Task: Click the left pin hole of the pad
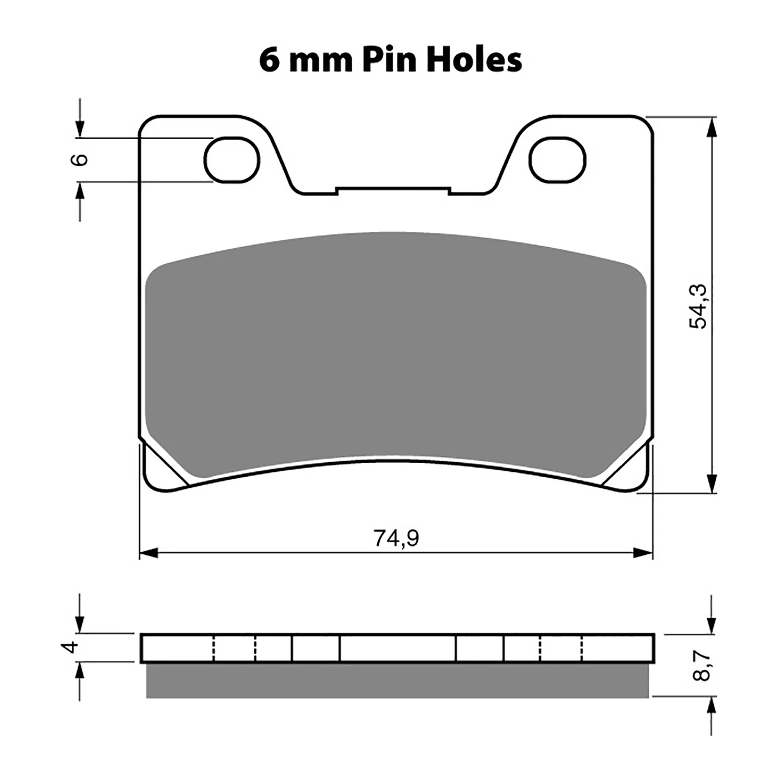(x=232, y=160)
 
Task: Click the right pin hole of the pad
(x=557, y=160)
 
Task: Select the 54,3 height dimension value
(x=699, y=306)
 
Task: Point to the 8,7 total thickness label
(x=701, y=665)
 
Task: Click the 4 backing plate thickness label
(x=72, y=647)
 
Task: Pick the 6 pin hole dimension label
(x=81, y=160)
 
